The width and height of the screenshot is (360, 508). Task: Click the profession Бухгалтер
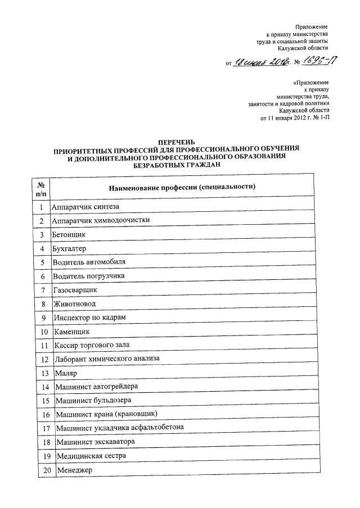coord(70,248)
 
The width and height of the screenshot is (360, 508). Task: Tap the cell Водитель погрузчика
coord(89,276)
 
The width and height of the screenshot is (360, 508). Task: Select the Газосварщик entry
coord(75,289)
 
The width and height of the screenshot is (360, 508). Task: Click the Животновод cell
coord(75,303)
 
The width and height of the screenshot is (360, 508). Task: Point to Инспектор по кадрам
coord(90,317)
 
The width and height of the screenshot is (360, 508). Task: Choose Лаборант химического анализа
coord(108,358)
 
